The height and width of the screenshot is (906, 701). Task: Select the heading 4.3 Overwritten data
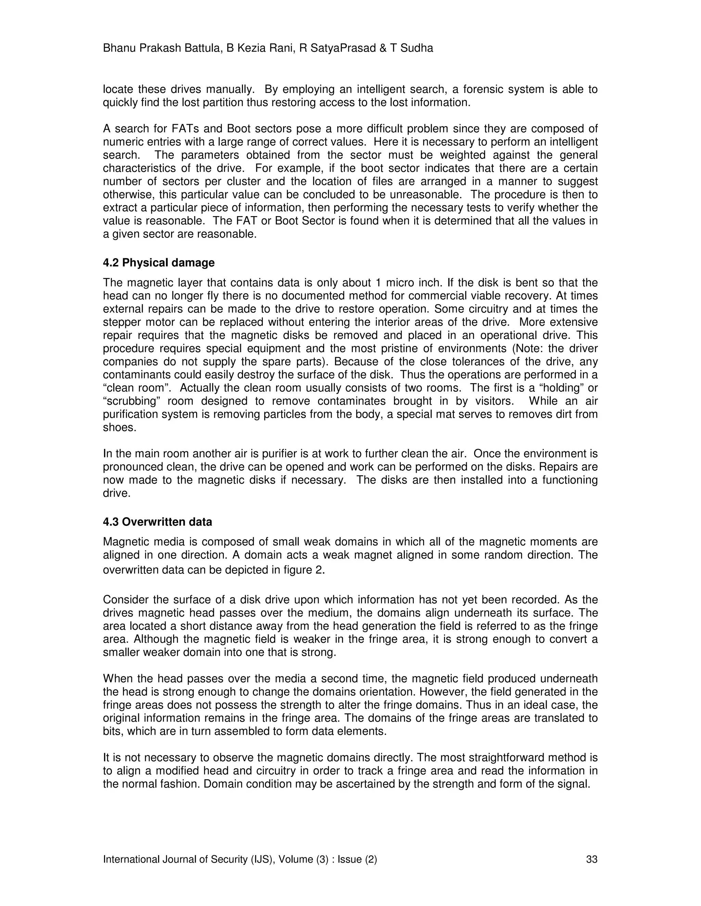[x=157, y=521]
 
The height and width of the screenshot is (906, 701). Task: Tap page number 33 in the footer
[x=591, y=859]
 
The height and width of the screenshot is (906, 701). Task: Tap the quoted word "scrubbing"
[x=132, y=401]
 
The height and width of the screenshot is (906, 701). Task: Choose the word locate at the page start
[x=117, y=89]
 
